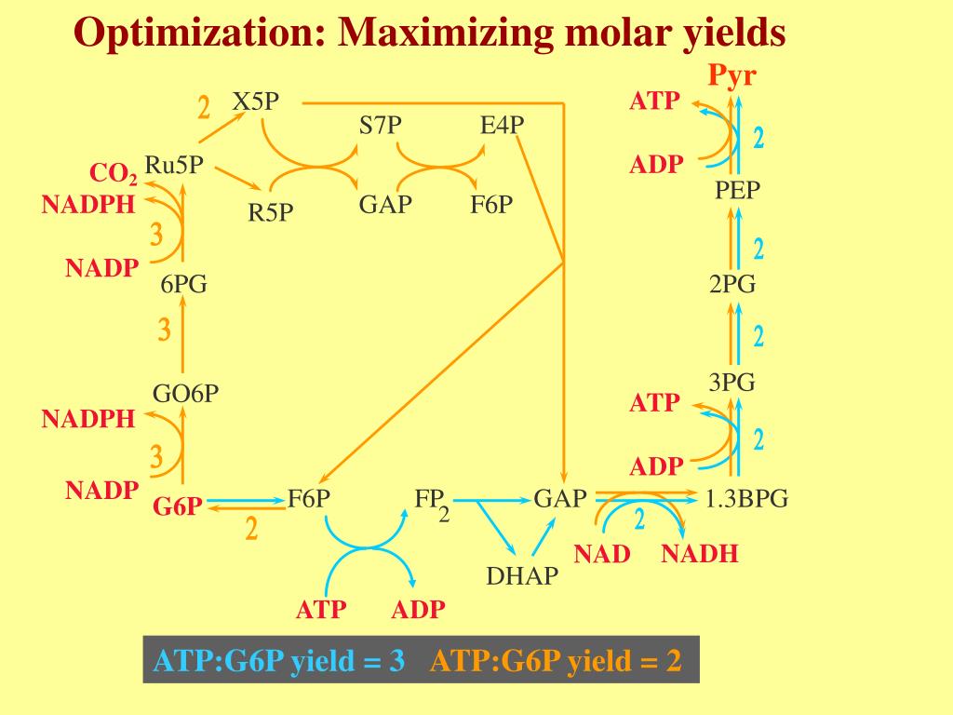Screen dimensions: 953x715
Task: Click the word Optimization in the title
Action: pyautogui.click(x=195, y=34)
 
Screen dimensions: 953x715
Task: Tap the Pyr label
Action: pyautogui.click(x=732, y=75)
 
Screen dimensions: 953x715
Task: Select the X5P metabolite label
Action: pyautogui.click(x=255, y=101)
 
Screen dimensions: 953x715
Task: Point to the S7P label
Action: pyautogui.click(x=381, y=126)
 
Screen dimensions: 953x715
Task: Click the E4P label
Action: pyautogui.click(x=503, y=126)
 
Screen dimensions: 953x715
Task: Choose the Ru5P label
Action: pyautogui.click(x=174, y=166)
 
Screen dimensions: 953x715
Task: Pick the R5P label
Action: pyautogui.click(x=271, y=213)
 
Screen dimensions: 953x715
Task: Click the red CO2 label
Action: pyautogui.click(x=114, y=174)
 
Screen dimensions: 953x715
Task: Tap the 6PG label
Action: pyautogui.click(x=183, y=285)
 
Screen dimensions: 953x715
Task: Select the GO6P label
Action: pyautogui.click(x=186, y=393)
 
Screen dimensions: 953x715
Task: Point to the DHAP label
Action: pyautogui.click(x=522, y=576)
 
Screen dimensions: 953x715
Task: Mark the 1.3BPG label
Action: pyautogui.click(x=746, y=499)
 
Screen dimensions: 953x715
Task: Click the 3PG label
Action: pyautogui.click(x=732, y=382)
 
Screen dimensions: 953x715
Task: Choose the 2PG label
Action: pyautogui.click(x=732, y=285)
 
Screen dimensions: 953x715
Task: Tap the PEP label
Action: pyautogui.click(x=738, y=190)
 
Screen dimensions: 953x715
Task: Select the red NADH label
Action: pyautogui.click(x=700, y=555)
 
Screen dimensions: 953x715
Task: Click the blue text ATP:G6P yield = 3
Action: pyautogui.click(x=279, y=661)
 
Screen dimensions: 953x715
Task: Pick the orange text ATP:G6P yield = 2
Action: pyautogui.click(x=556, y=661)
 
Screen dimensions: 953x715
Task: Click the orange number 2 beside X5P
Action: pyautogui.click(x=204, y=108)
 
